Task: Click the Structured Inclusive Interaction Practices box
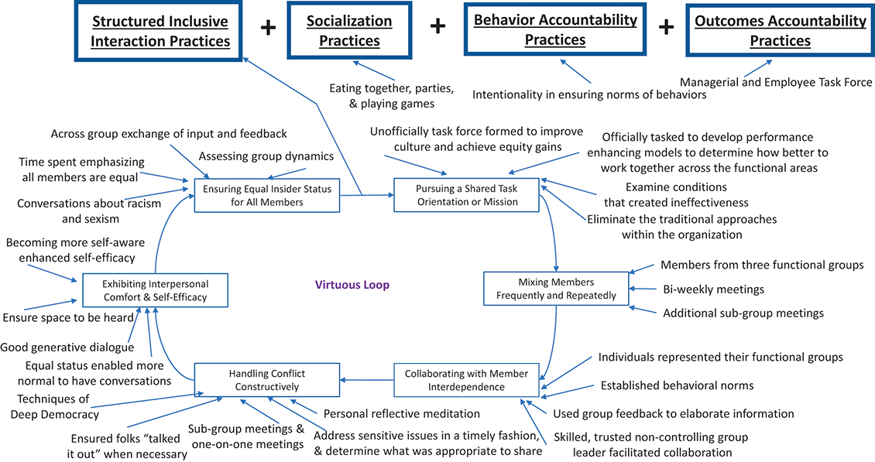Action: pos(160,31)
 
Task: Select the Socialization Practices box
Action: pos(349,31)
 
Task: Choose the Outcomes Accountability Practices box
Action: pos(780,31)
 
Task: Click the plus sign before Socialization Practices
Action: pos(268,28)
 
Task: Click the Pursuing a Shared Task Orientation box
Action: pos(466,195)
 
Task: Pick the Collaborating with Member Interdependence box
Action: pos(466,380)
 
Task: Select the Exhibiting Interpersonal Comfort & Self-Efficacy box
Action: pos(156,290)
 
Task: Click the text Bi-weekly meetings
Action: pos(702,289)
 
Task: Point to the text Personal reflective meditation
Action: pos(402,414)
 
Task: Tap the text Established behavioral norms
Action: pos(678,385)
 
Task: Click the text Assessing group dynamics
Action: pos(266,156)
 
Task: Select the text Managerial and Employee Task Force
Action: pos(776,82)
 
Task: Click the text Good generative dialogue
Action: pos(68,347)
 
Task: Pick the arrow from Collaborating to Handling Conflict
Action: pos(368,380)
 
